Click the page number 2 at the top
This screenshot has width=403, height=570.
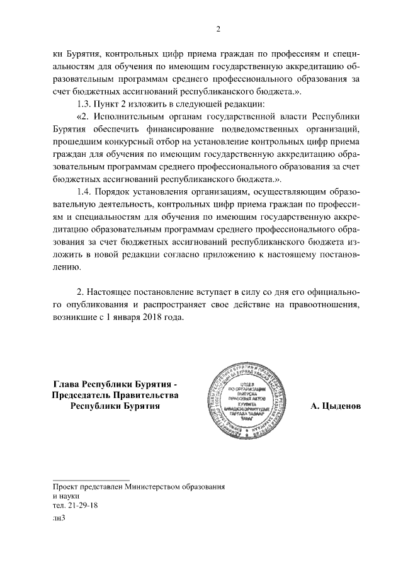218,28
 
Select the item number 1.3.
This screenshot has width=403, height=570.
84,103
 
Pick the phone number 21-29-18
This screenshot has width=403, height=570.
82,505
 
